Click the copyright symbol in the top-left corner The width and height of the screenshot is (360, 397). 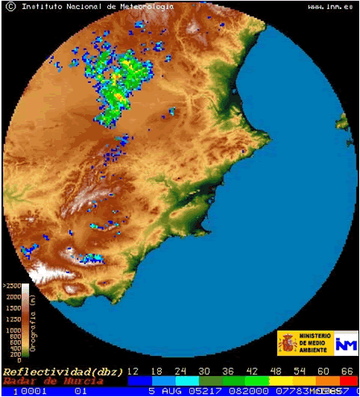coord(10,6)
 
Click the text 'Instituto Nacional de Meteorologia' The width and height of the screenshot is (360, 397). coord(97,6)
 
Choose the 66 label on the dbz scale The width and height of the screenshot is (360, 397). coord(348,371)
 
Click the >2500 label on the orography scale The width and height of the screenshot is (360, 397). coord(12,286)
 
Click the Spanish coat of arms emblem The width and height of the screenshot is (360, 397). coord(289,343)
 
